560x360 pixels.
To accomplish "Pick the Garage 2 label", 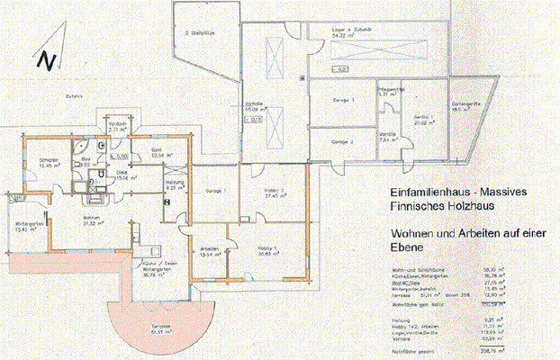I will [x=340, y=142].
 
